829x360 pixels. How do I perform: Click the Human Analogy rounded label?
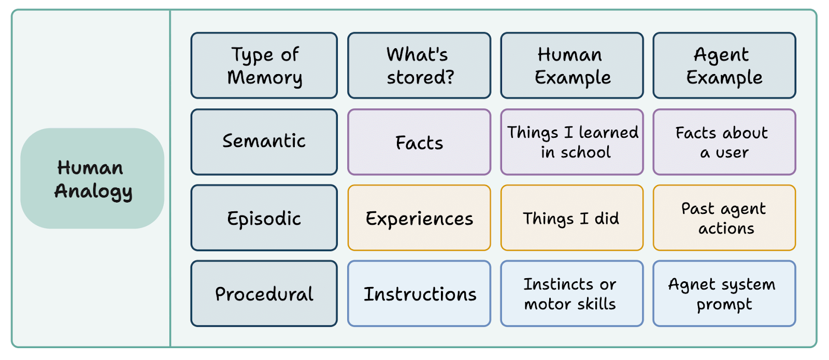click(92, 178)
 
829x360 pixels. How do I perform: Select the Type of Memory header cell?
click(264, 66)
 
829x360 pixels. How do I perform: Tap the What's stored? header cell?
click(419, 66)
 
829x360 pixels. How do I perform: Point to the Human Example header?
click(572, 66)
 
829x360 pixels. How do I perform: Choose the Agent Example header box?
click(724, 66)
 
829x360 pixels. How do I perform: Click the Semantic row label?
click(264, 142)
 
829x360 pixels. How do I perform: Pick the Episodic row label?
click(264, 218)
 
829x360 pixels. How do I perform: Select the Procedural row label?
click(264, 294)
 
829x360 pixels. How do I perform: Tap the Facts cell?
click(419, 142)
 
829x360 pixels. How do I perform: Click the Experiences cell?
click(419, 218)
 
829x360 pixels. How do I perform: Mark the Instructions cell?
click(419, 294)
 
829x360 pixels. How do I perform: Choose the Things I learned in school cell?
click(572, 142)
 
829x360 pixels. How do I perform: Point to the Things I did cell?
click(572, 218)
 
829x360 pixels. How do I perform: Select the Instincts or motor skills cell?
click(572, 294)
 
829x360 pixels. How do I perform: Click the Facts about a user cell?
click(724, 142)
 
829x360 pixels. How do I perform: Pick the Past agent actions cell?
click(724, 218)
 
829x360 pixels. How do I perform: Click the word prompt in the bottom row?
click(724, 305)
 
